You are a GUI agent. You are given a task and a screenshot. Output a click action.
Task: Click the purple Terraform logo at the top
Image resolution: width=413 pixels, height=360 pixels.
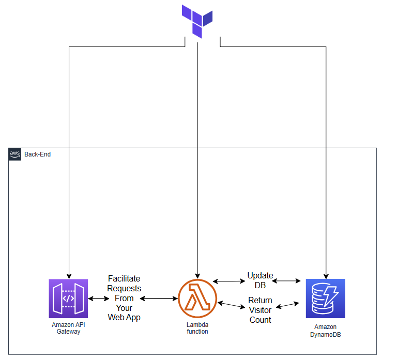tap(197, 20)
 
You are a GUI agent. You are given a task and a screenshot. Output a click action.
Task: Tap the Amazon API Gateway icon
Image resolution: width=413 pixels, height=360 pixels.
tap(68, 299)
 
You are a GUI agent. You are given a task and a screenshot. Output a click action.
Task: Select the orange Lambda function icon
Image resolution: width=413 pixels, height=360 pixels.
tap(197, 299)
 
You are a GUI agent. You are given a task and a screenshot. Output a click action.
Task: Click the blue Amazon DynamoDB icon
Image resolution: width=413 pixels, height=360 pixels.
tap(325, 299)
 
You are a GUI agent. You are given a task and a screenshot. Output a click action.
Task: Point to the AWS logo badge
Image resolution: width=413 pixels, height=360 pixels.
tap(15, 154)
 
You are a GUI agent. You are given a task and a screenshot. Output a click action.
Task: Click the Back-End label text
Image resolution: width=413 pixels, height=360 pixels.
tap(38, 154)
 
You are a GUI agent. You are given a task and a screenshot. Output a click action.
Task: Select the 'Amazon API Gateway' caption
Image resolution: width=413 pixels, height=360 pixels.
tap(68, 328)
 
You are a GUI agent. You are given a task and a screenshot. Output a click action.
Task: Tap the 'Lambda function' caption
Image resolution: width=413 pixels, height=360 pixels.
tap(197, 328)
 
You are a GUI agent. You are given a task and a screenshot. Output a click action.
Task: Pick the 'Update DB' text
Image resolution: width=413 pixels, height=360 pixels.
tap(260, 280)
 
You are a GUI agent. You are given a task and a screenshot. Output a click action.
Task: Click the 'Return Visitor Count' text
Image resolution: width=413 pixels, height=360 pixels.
tap(260, 310)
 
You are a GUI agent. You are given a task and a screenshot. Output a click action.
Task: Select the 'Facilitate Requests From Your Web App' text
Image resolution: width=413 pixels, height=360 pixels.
tap(124, 298)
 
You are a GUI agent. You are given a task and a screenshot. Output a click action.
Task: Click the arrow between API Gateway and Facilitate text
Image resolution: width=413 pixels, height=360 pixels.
tap(98, 299)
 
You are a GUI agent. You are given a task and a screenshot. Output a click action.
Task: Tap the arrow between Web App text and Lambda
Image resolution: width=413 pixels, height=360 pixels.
tap(159, 299)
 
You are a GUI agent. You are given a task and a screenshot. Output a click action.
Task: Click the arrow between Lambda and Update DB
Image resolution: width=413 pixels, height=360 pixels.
tap(230, 281)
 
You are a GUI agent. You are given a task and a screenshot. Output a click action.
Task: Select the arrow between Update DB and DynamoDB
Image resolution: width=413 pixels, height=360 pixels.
tap(286, 281)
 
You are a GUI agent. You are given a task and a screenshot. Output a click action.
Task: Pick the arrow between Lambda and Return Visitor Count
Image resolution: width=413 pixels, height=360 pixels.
tap(231, 305)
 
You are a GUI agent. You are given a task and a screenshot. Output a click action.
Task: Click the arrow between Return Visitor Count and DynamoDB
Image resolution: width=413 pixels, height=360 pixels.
tap(287, 305)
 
